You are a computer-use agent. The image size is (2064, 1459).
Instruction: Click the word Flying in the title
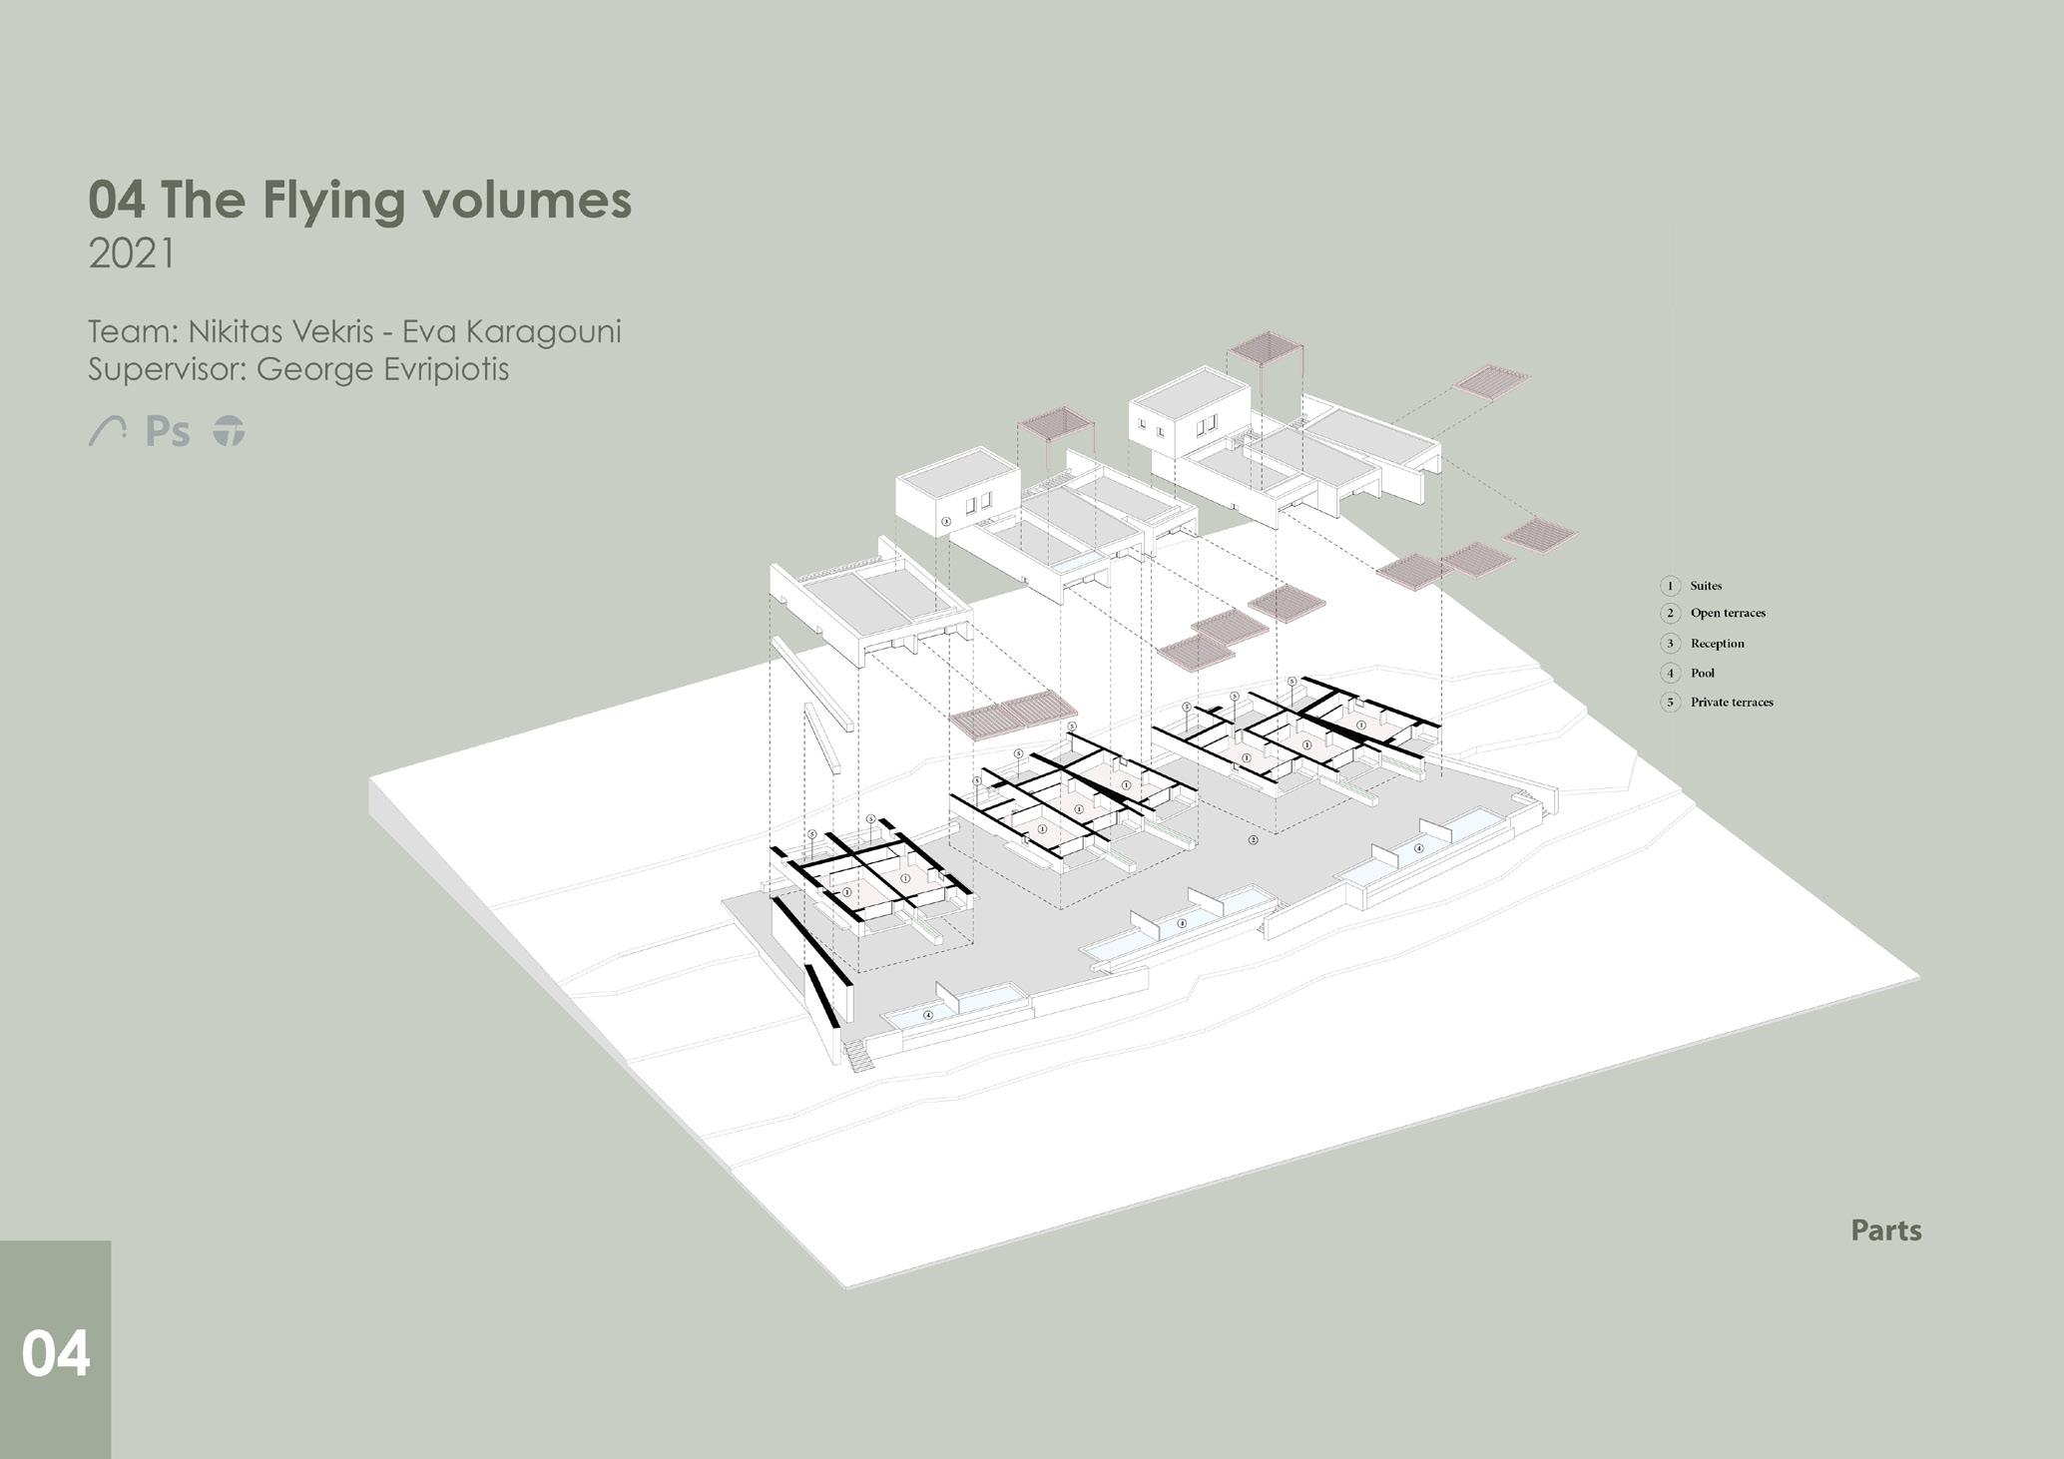(335, 201)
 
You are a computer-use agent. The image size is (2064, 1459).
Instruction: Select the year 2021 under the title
(131, 254)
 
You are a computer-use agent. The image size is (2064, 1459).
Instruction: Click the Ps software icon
(168, 432)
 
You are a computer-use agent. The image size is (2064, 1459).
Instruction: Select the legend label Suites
(1706, 586)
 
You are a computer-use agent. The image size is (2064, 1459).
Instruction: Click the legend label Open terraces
(1728, 614)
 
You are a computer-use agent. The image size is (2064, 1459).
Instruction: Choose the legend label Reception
(1717, 644)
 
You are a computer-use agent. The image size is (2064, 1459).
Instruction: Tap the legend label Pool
(1702, 674)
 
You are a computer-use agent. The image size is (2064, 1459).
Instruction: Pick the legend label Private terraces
(1732, 703)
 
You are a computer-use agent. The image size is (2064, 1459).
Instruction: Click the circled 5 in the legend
(1670, 703)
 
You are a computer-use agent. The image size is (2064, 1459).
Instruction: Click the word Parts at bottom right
(1885, 1230)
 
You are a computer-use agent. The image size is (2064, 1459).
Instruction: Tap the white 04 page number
(56, 1354)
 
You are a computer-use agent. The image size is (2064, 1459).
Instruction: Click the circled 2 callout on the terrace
(1254, 840)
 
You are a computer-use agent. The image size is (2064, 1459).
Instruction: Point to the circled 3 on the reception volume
(946, 522)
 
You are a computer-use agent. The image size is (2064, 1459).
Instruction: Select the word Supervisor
(165, 369)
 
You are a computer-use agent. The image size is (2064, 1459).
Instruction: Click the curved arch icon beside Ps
(107, 431)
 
